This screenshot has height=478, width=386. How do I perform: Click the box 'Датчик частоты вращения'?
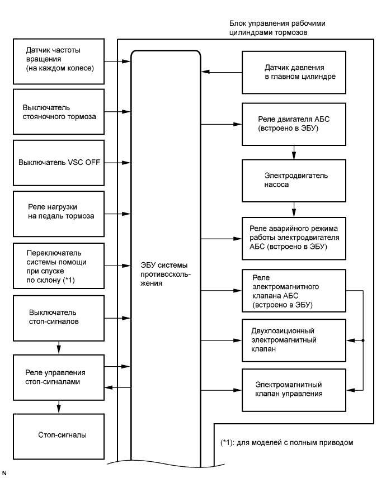tap(58, 58)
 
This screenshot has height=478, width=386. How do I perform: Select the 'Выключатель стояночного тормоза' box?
tap(58, 111)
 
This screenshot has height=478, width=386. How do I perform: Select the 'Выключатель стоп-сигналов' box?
tap(58, 316)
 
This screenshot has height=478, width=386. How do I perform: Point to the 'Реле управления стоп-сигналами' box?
tap(58, 377)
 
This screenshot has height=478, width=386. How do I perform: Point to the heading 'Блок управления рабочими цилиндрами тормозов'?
tap(277, 29)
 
